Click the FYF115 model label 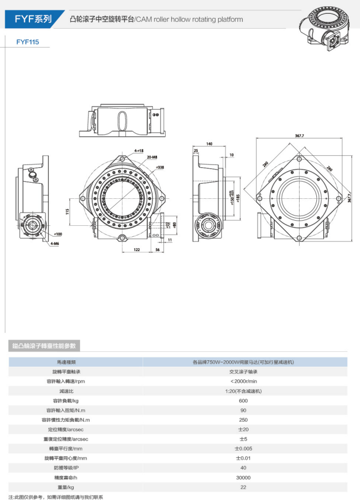point(28,42)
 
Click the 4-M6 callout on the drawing point(54,244)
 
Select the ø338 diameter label point(160,167)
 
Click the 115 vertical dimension point(67,211)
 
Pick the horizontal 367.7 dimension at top point(299,136)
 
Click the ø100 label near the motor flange point(58,234)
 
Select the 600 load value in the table point(243,400)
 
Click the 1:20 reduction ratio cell point(243,391)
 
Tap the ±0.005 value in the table point(243,448)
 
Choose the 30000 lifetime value point(243,478)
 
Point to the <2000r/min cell point(243,381)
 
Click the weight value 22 point(243,487)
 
